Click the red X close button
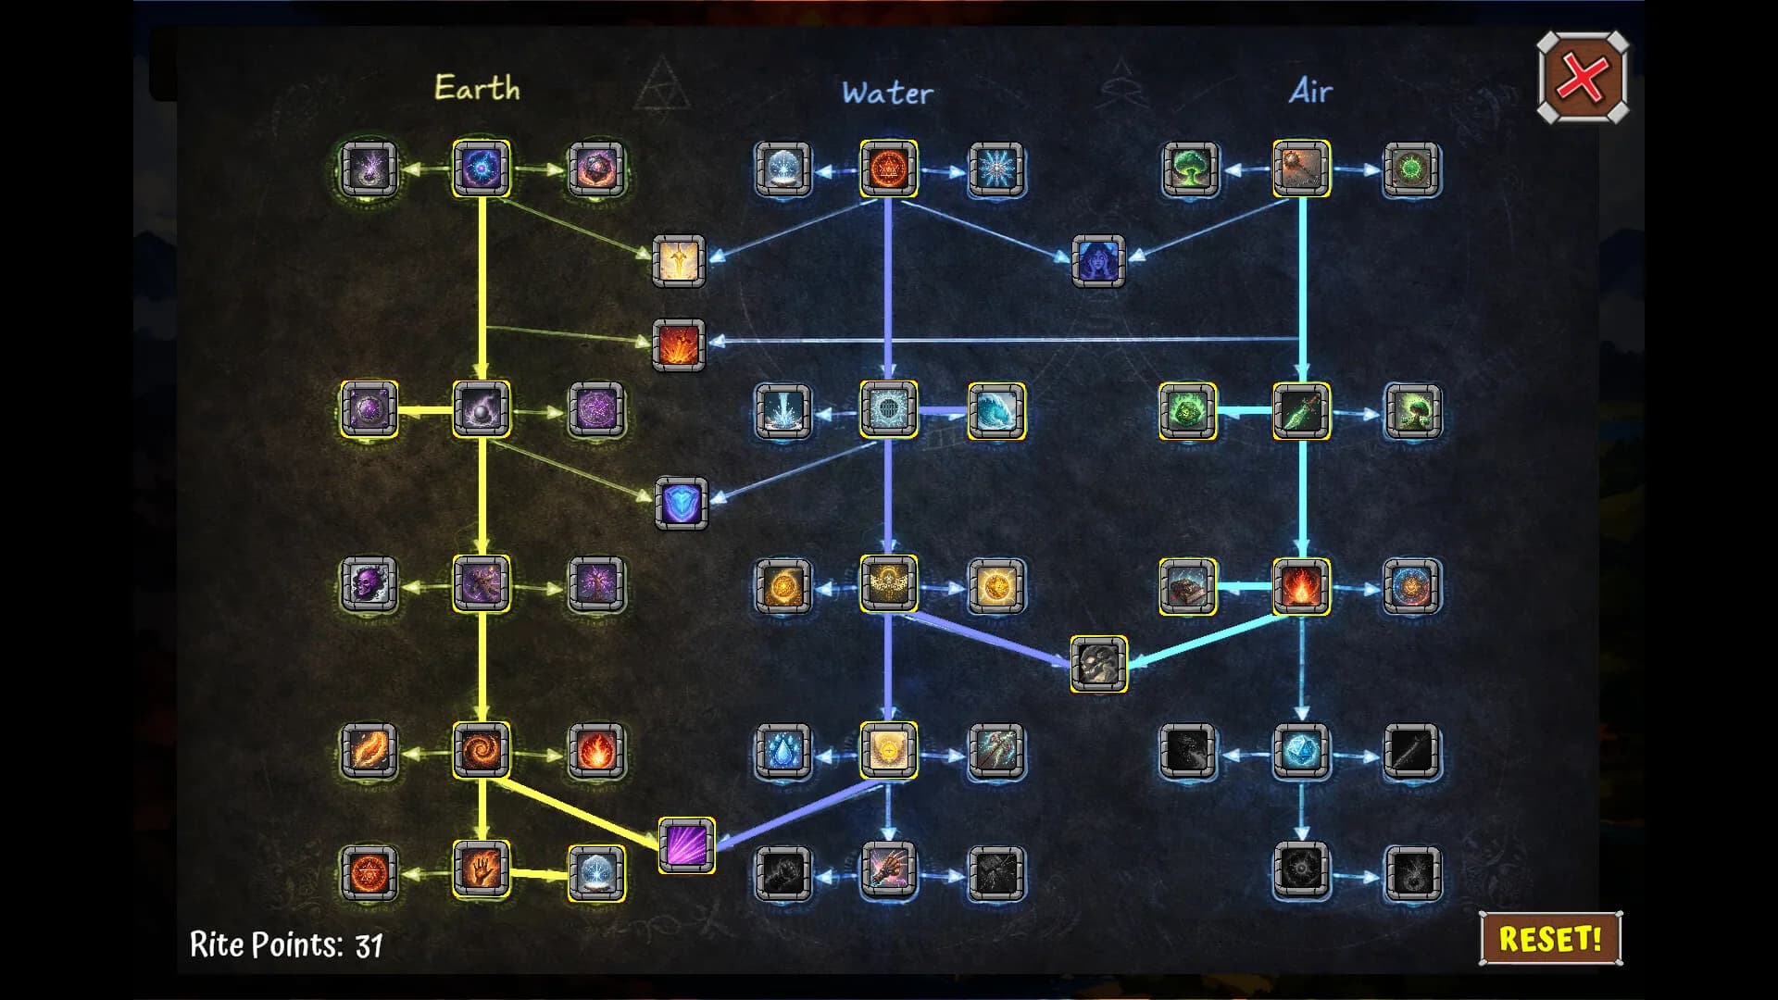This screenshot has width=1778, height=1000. click(1583, 78)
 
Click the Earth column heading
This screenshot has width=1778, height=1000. click(477, 88)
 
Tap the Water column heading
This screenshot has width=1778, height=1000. click(887, 93)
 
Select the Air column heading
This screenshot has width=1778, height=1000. click(1310, 91)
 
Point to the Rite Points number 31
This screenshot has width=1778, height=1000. click(369, 945)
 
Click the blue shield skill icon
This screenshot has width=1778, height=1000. click(682, 504)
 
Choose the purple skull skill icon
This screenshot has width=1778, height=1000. click(369, 584)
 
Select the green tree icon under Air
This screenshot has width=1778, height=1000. click(1190, 169)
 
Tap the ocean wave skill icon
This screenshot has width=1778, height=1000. click(996, 410)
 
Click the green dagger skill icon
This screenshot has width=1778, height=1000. click(1301, 410)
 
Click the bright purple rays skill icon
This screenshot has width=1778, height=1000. click(686, 845)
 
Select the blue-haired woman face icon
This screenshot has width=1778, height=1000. click(1098, 260)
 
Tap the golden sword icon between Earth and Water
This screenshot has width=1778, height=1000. click(679, 260)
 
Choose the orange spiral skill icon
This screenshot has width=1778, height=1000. click(482, 749)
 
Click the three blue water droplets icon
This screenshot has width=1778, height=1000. click(783, 751)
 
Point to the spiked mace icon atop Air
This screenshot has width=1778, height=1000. click(1301, 169)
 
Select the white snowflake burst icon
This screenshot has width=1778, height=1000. click(996, 169)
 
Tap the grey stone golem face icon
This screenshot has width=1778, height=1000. click(1099, 664)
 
